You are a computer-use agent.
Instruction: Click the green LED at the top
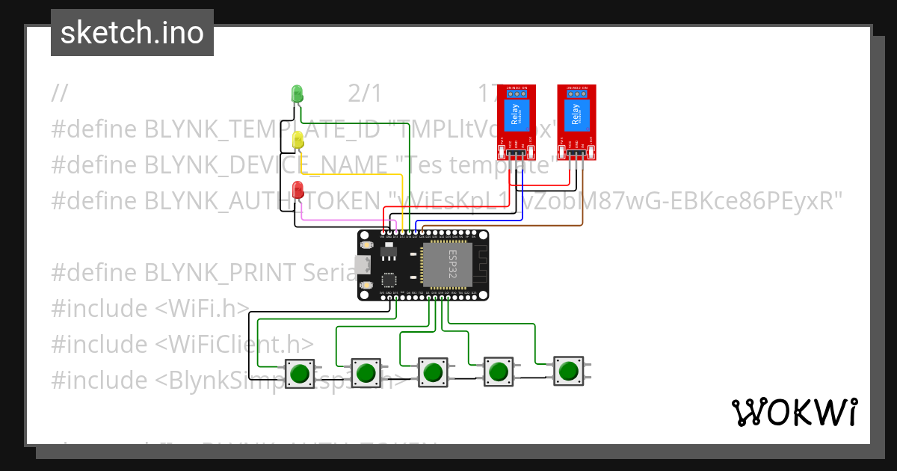[x=297, y=94]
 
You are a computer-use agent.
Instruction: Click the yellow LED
[x=298, y=140]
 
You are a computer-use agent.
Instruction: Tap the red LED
[x=298, y=189]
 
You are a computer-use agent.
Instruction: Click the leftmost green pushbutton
[x=300, y=372]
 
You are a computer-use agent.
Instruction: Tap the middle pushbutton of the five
[x=432, y=372]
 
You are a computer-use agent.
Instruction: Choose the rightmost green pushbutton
[x=568, y=370]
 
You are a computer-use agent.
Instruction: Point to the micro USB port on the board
[x=363, y=265]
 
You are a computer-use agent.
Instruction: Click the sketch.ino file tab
[x=132, y=33]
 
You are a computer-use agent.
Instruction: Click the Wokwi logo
[x=794, y=412]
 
